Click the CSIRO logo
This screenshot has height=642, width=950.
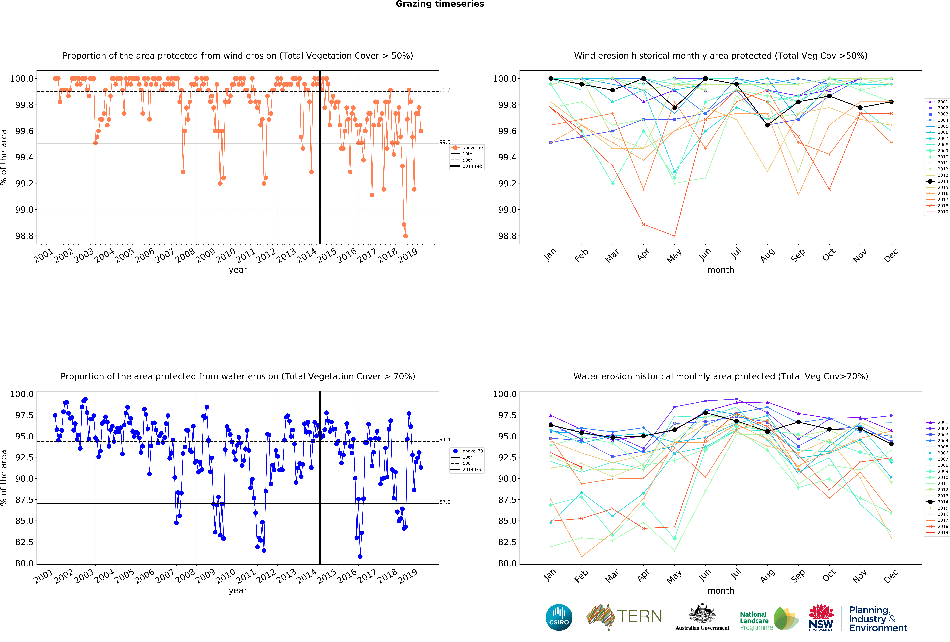click(559, 617)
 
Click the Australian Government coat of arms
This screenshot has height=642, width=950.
click(702, 613)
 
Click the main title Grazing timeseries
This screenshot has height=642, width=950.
click(440, 4)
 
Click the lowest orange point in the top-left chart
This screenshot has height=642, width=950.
click(406, 236)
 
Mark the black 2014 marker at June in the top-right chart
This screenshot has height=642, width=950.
click(706, 79)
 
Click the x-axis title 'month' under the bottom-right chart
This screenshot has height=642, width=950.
click(721, 590)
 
